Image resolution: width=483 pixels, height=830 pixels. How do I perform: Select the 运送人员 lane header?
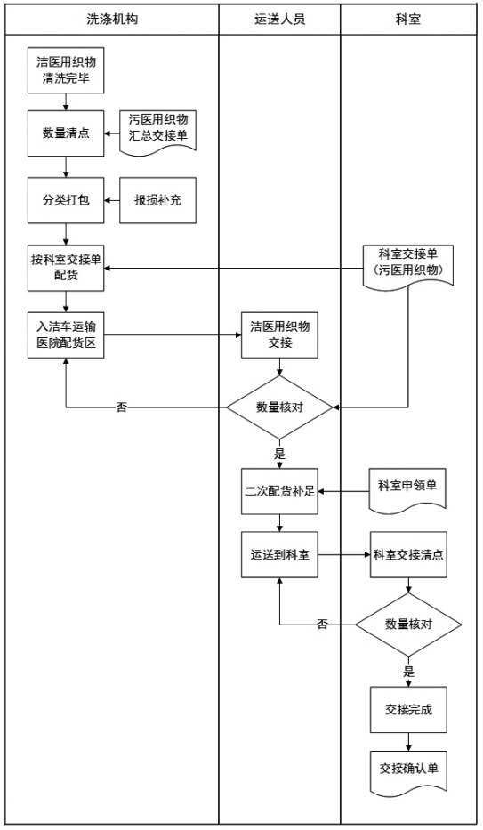pos(280,18)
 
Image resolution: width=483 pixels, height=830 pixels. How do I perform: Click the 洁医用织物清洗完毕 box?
pos(66,70)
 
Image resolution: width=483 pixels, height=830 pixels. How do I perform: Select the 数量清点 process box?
pos(66,135)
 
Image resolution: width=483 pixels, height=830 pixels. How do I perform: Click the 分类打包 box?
pos(66,199)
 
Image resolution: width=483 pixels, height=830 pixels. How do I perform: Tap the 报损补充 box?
pos(157,199)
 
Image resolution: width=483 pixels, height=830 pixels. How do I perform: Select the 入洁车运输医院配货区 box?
pos(66,334)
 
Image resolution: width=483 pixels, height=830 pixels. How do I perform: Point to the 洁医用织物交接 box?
pos(280,334)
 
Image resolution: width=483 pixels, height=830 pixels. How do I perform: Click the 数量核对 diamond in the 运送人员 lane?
pos(280,407)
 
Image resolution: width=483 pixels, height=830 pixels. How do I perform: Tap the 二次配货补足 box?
pos(280,490)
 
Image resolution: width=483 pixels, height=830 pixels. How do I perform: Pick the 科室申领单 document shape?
pos(408,488)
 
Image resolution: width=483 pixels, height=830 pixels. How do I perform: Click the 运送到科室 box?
pos(280,555)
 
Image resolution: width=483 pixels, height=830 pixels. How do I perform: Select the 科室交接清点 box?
pos(408,555)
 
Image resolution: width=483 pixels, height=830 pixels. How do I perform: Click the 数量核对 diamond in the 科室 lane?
pos(408,625)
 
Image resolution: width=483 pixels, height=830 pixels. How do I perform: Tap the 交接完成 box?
pos(408,710)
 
